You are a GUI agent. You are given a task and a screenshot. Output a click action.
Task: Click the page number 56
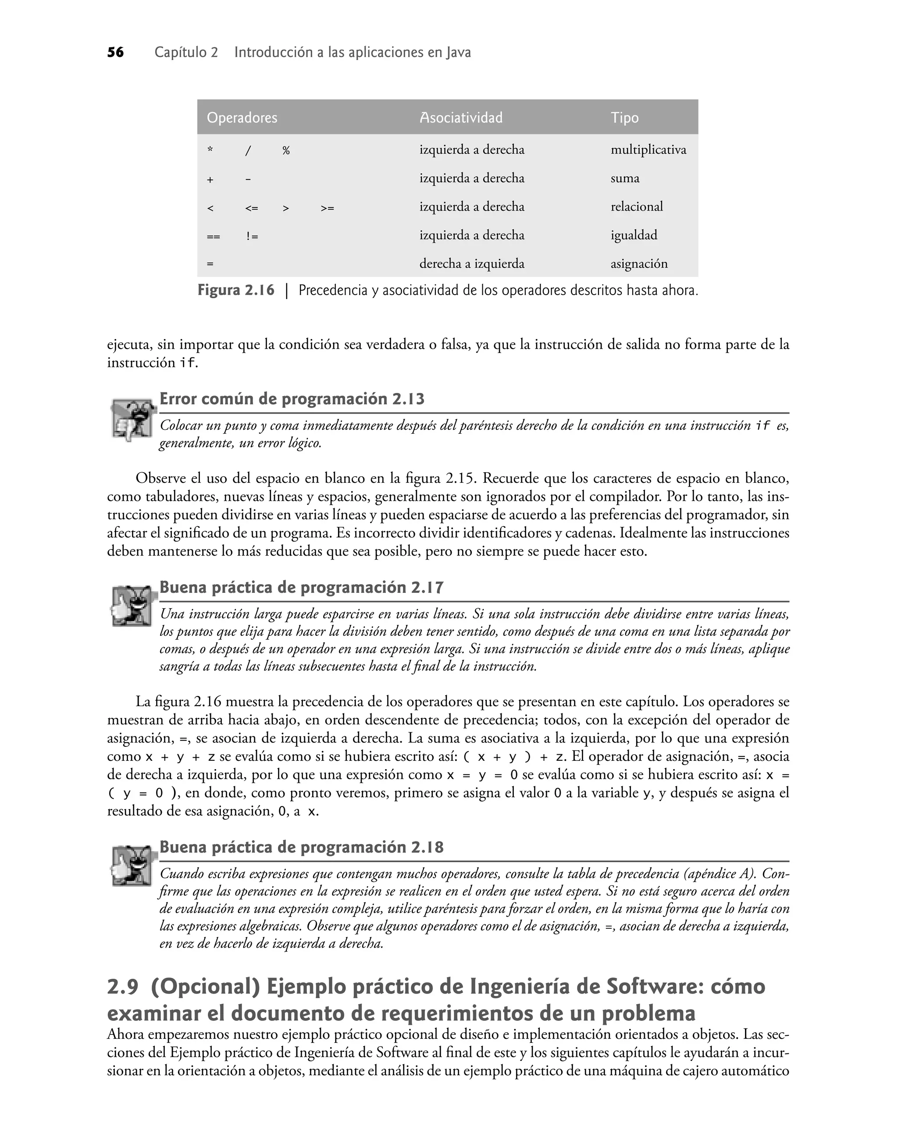(115, 53)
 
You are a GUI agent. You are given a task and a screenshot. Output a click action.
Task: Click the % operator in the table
(285, 151)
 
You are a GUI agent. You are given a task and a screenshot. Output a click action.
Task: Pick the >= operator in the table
(327, 208)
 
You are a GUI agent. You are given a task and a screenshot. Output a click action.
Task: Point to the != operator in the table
(252, 236)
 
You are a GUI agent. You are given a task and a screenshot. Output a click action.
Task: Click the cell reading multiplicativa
(648, 150)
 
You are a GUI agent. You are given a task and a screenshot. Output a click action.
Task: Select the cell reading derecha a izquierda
(472, 264)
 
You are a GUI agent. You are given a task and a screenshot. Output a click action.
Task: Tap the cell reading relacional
(636, 207)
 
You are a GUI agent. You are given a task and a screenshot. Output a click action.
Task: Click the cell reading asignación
(639, 264)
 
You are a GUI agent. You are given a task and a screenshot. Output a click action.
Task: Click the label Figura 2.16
(235, 290)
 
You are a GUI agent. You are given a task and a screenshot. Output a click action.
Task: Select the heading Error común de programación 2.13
(292, 399)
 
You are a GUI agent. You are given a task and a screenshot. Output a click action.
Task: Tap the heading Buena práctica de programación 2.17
(301, 587)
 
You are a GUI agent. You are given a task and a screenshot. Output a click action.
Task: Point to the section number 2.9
(122, 987)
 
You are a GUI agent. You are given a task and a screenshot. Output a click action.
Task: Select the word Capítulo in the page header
(185, 53)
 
